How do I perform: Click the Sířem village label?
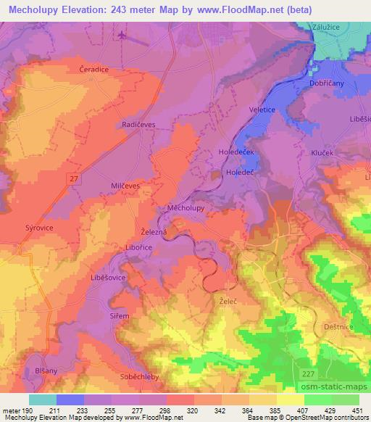point(120,316)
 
